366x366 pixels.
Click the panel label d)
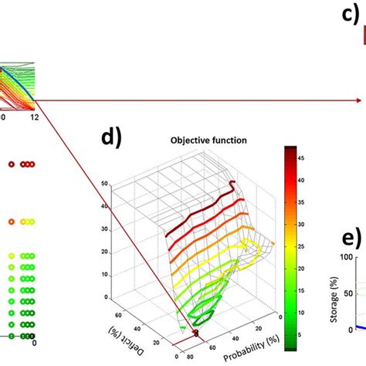pos(113,139)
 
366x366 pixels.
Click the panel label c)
pos(351,13)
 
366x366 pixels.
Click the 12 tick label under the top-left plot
pos(33,116)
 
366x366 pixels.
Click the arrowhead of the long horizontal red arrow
pos(360,100)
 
